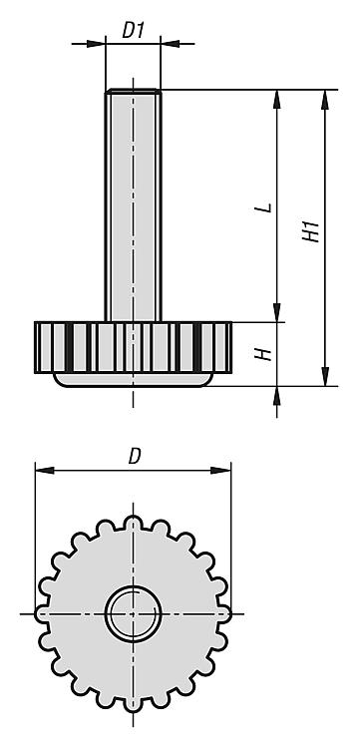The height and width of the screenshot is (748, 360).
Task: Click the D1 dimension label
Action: point(133,31)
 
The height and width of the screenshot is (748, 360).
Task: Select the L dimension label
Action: point(268,207)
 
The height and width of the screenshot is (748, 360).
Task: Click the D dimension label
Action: point(135,457)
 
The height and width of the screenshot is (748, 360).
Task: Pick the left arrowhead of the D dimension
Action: point(44,471)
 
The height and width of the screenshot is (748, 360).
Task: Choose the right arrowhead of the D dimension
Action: point(221,471)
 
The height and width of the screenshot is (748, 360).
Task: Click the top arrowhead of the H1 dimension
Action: point(325,100)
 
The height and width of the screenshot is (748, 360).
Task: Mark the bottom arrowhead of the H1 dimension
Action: point(325,376)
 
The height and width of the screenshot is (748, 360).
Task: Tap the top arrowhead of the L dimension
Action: point(277,100)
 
